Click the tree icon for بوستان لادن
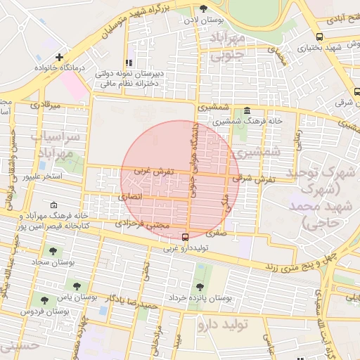[204, 9]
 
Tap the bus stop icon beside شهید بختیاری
[320, 37]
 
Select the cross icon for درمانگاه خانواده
[60, 57]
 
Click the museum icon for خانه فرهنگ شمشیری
[247, 111]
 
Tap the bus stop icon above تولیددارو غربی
[185, 237]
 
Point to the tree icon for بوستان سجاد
[53, 251]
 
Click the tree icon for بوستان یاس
[76, 287]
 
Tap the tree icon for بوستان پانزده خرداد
[200, 287]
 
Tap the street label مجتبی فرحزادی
[143, 224]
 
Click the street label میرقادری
[46, 105]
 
